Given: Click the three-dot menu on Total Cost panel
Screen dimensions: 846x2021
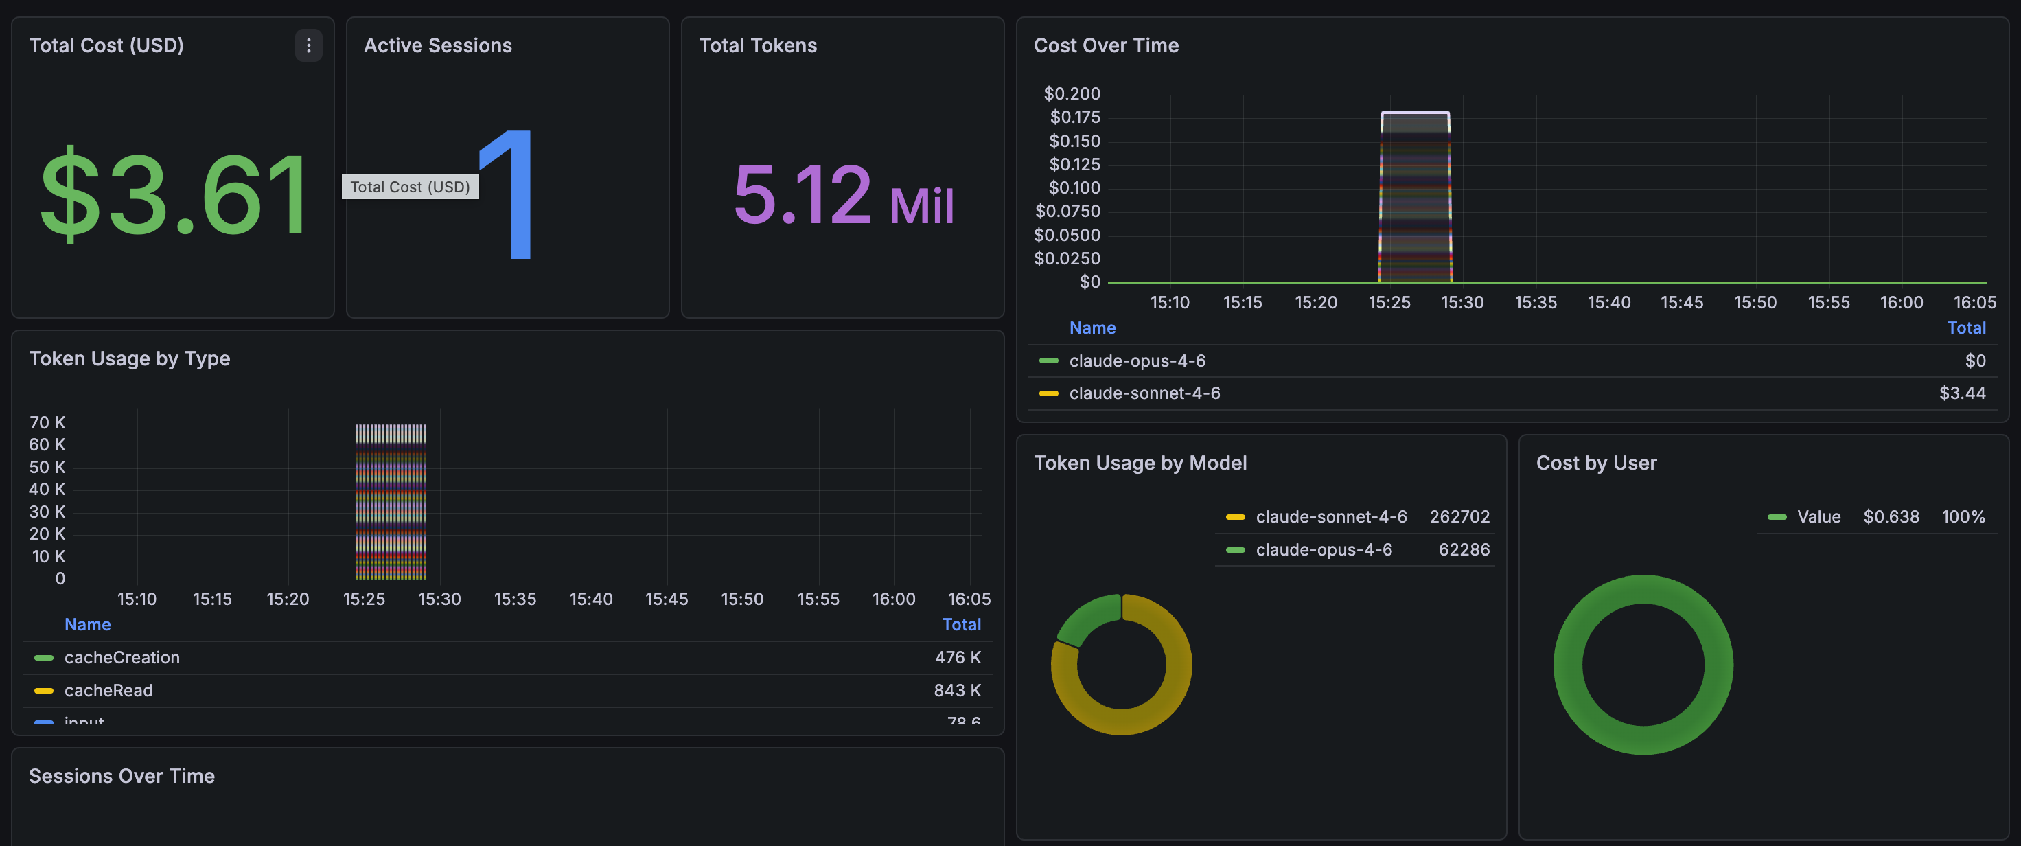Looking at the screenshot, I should (308, 45).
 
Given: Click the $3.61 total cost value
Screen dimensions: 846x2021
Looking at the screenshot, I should (174, 194).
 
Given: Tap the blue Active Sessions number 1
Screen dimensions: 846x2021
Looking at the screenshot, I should (510, 194).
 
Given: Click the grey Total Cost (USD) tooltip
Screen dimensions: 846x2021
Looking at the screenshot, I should (410, 187).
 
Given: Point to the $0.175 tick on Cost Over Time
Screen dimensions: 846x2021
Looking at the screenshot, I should (1074, 117).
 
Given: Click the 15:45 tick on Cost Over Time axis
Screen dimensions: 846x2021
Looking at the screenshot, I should (1681, 302).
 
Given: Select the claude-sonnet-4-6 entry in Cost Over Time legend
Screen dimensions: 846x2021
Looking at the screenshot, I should (1144, 393).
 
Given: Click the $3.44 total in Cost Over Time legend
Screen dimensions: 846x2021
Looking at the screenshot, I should (1961, 393).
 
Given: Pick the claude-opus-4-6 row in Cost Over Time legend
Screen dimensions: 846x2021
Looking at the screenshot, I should (1137, 361).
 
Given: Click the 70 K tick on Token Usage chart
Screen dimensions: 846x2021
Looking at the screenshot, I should (47, 422).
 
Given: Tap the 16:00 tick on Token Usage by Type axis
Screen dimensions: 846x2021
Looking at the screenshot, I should (894, 599).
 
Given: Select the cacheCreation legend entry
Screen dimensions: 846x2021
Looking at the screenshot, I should (122, 658).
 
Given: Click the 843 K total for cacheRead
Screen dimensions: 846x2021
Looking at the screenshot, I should (956, 691).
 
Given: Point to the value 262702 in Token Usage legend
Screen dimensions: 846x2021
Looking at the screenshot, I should (1459, 516).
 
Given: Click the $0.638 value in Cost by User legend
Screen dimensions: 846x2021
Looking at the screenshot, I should (1891, 516).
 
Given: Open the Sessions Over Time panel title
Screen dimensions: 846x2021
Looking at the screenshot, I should (122, 775).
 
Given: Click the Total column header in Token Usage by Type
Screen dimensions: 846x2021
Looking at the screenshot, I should (961, 625).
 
